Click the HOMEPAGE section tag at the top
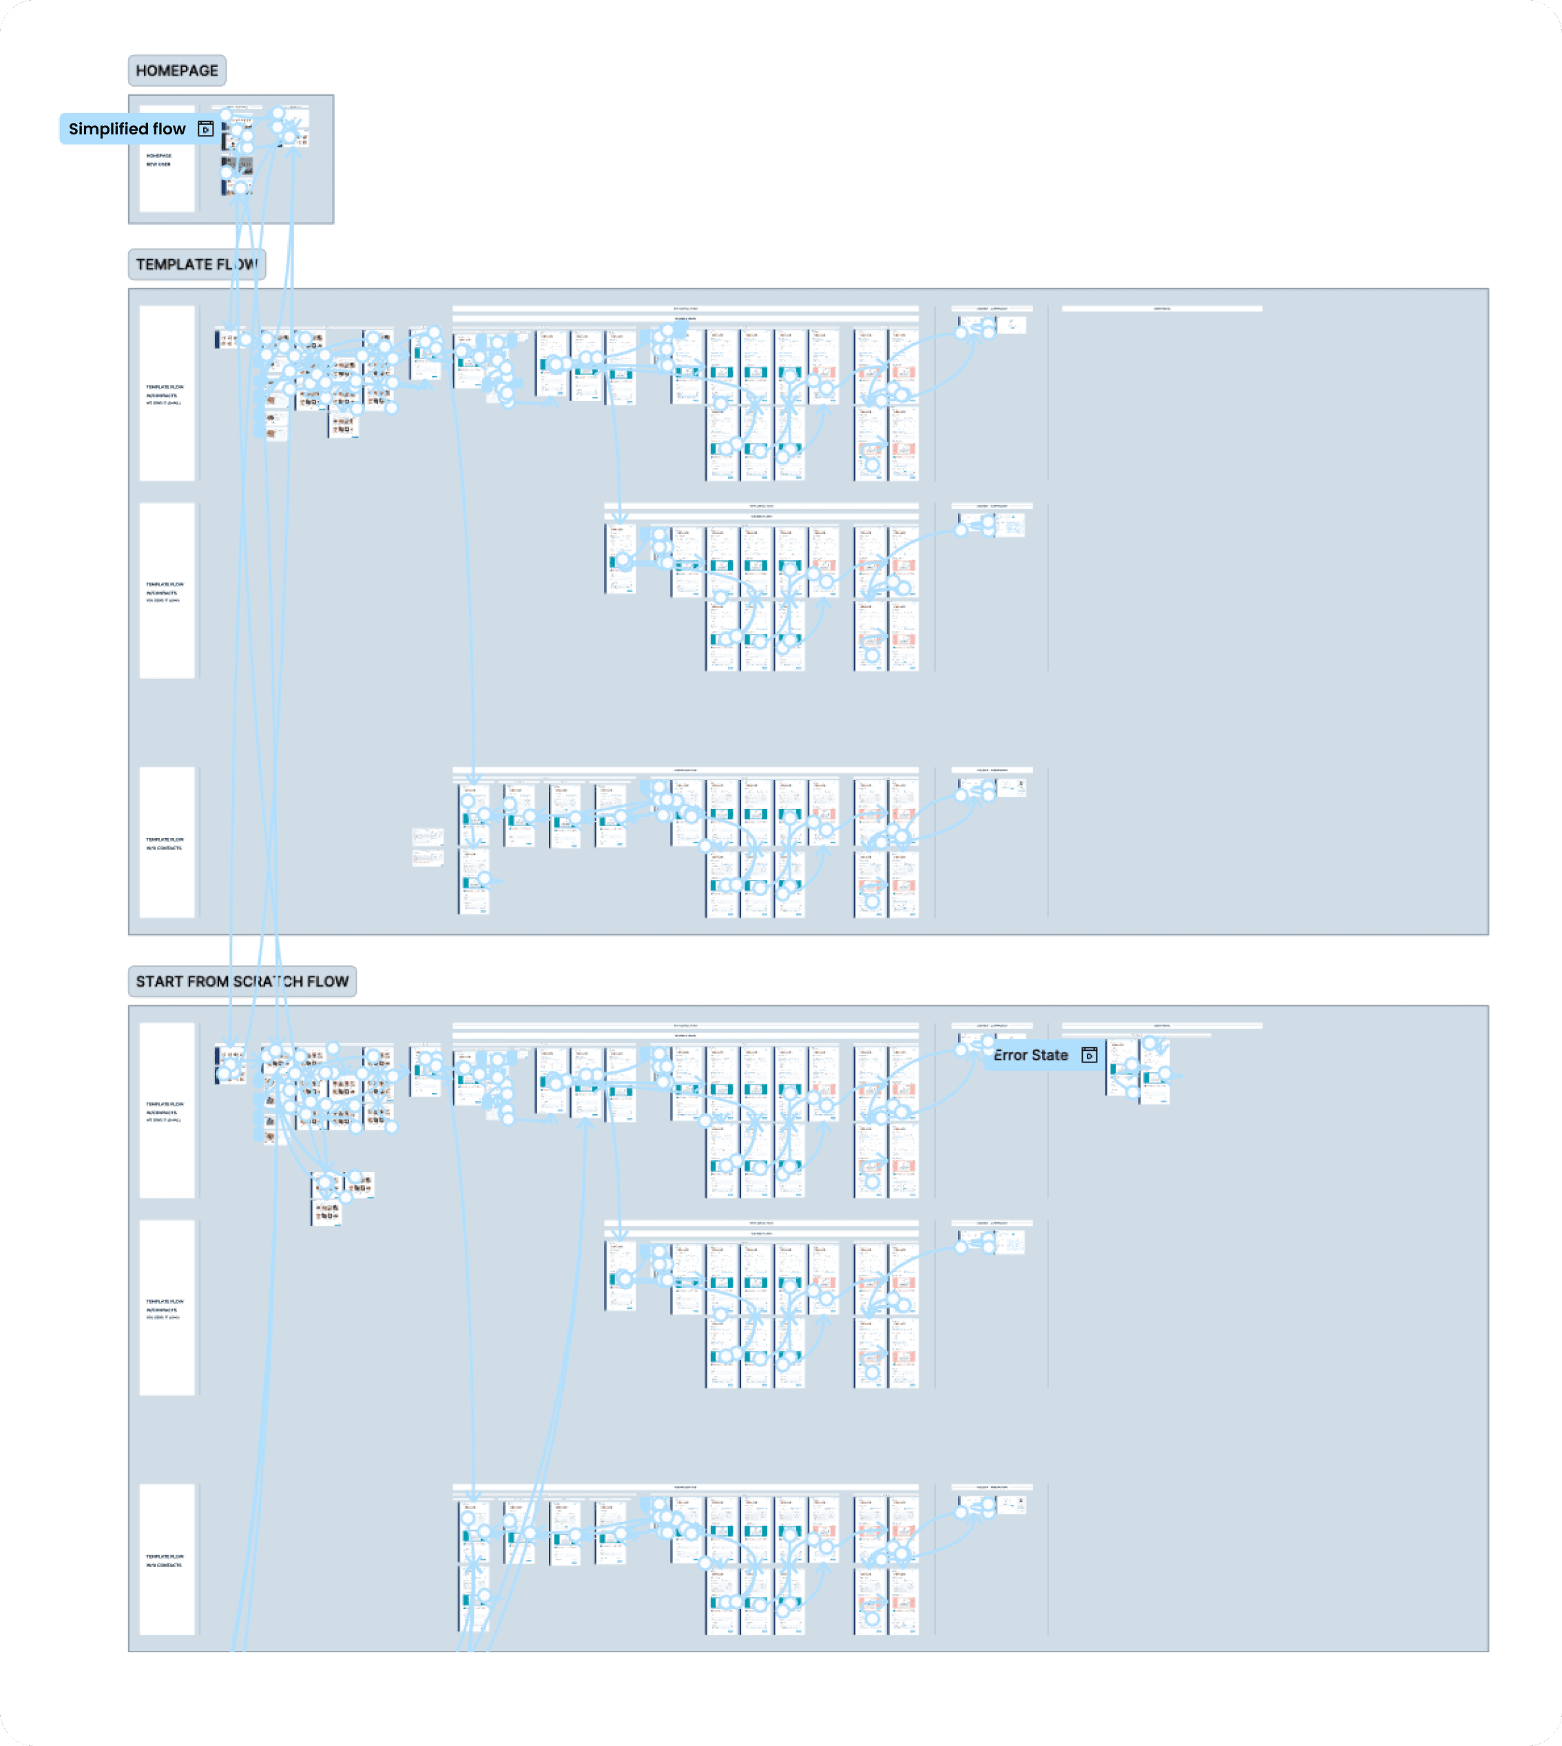[177, 70]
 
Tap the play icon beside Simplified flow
[206, 129]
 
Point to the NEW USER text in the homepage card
[158, 164]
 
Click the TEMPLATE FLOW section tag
[196, 265]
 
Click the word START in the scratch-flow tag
[160, 981]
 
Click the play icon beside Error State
[1089, 1055]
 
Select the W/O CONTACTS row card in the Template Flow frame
[167, 843]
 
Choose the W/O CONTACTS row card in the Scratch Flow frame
[167, 1560]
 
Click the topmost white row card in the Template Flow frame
[167, 393]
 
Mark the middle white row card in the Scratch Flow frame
[167, 1307]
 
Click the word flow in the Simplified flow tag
[169, 129]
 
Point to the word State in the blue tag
[1050, 1055]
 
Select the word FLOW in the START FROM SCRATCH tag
[328, 981]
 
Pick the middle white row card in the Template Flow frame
[167, 590]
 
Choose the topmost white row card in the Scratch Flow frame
[167, 1110]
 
